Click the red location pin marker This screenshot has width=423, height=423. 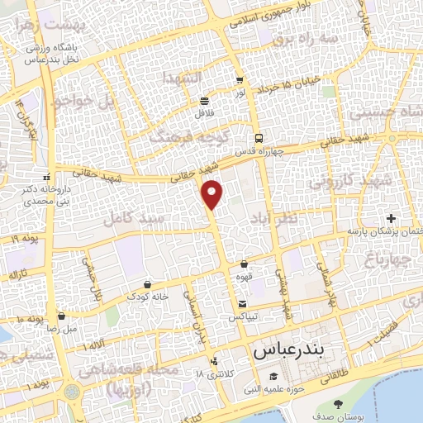213,193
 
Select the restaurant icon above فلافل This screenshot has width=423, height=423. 204,101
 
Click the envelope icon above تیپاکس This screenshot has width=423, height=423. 241,304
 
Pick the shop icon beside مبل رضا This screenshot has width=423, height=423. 62,316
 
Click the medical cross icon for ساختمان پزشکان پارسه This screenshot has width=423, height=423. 391,219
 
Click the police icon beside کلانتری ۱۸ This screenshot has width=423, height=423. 214,360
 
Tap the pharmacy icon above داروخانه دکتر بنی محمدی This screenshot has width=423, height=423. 46,177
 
